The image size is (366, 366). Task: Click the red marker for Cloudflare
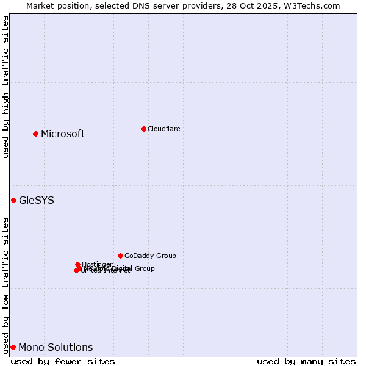pos(143,129)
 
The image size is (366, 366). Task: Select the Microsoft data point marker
pos(35,134)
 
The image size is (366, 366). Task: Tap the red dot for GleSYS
pos(13,200)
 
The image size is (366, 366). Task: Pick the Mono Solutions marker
pos(13,347)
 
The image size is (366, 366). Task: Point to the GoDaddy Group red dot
pos(120,256)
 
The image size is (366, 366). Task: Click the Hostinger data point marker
pos(77,264)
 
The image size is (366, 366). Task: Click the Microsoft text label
pos(63,134)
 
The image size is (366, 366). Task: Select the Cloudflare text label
pos(163,129)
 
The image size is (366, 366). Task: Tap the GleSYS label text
pos(37,200)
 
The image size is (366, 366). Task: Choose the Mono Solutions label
pos(56,348)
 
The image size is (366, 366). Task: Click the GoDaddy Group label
pos(150,256)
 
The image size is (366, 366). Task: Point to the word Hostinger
pos(98,264)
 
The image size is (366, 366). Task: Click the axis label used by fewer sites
pos(63,361)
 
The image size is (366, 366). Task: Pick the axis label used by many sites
pos(306,361)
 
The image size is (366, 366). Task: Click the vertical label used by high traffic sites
pos(5,87)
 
